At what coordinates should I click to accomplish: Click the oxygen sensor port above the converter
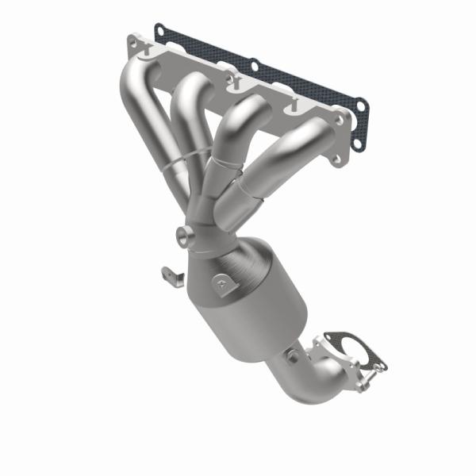coord(185,236)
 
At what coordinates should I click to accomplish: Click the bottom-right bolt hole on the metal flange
coord(336,161)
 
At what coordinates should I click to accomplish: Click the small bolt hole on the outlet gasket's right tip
coord(381,367)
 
